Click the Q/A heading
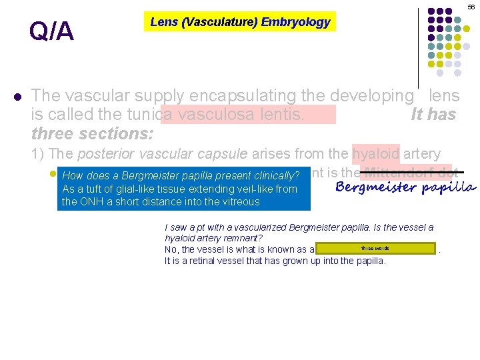pyautogui.click(x=51, y=32)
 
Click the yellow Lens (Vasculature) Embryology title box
pyautogui.click(x=240, y=22)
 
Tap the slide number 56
pyautogui.click(x=471, y=6)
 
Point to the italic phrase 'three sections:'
pyautogui.click(x=93, y=133)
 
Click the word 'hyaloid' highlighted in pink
pyautogui.click(x=376, y=154)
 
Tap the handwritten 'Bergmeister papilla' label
pyautogui.click(x=405, y=187)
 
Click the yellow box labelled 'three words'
pyautogui.click(x=376, y=249)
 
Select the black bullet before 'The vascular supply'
pyautogui.click(x=17, y=96)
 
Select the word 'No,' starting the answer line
pyautogui.click(x=172, y=249)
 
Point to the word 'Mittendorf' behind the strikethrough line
pyautogui.click(x=393, y=172)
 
